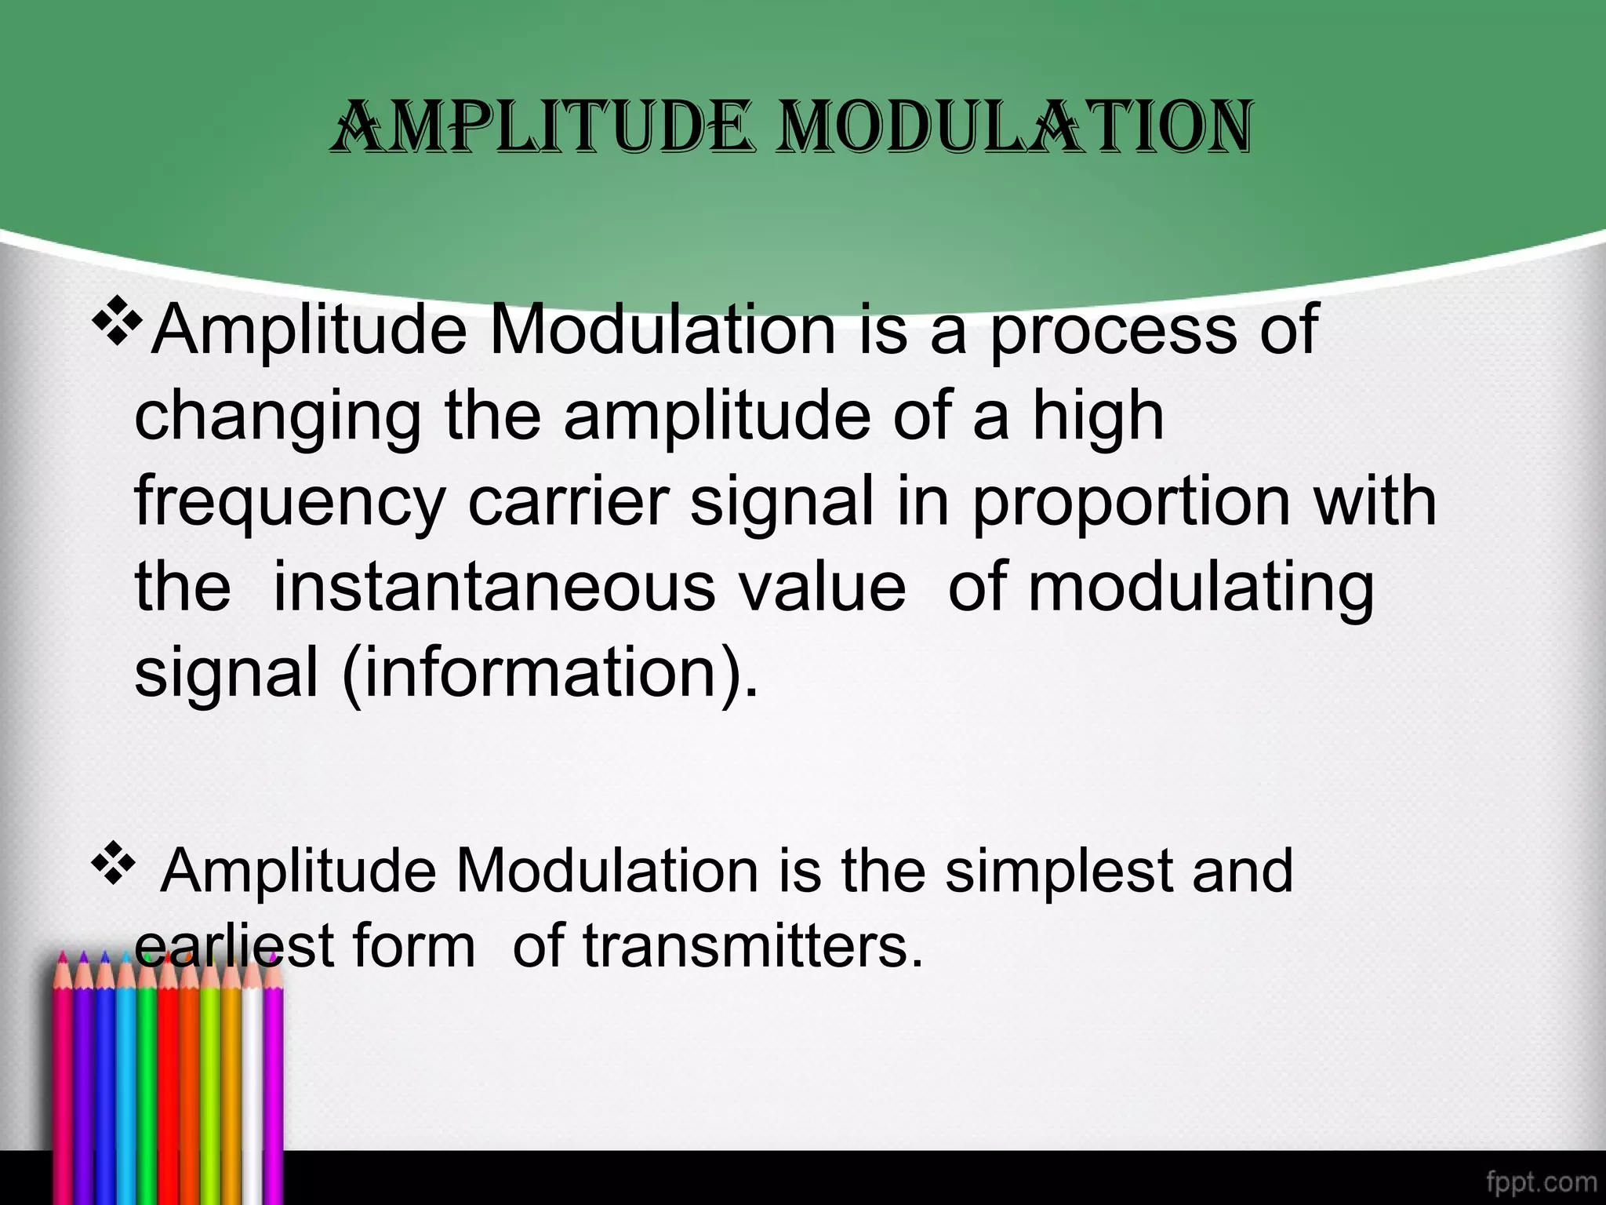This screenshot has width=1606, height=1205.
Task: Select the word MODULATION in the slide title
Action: tap(1016, 127)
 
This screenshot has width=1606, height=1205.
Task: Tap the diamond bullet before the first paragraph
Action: tap(117, 321)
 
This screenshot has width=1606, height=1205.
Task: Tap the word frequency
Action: tap(290, 504)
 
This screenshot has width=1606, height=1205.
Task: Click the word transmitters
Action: tap(753, 946)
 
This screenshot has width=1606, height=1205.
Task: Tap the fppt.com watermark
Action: tap(1541, 1181)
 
